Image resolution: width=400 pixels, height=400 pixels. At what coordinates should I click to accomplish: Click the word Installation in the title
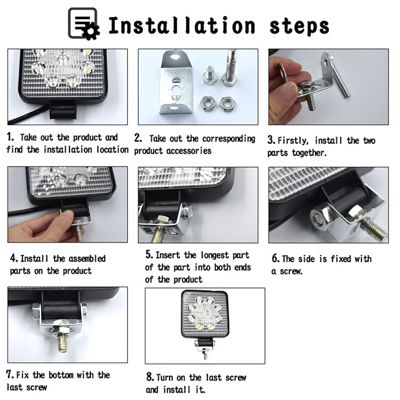tap(181, 25)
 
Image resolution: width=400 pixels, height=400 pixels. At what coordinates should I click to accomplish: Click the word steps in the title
tap(299, 26)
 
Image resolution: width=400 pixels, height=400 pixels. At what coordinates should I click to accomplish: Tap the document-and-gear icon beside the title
tap(83, 23)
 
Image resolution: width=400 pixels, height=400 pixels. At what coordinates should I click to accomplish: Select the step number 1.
tap(10, 136)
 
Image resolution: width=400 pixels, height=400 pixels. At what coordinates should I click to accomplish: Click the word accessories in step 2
tap(188, 151)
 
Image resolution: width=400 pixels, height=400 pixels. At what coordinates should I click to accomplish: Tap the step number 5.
tap(149, 254)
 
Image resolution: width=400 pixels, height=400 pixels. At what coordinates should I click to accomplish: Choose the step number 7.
tap(10, 374)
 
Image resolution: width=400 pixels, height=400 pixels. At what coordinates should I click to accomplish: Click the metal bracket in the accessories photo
tap(177, 82)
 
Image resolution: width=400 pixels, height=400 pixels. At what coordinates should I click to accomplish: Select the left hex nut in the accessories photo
tap(208, 103)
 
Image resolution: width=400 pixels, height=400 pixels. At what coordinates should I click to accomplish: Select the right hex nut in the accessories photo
tap(227, 103)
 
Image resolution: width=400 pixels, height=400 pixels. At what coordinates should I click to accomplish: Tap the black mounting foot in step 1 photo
tap(63, 109)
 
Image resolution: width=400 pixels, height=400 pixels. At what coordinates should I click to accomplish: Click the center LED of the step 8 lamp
tap(204, 313)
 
